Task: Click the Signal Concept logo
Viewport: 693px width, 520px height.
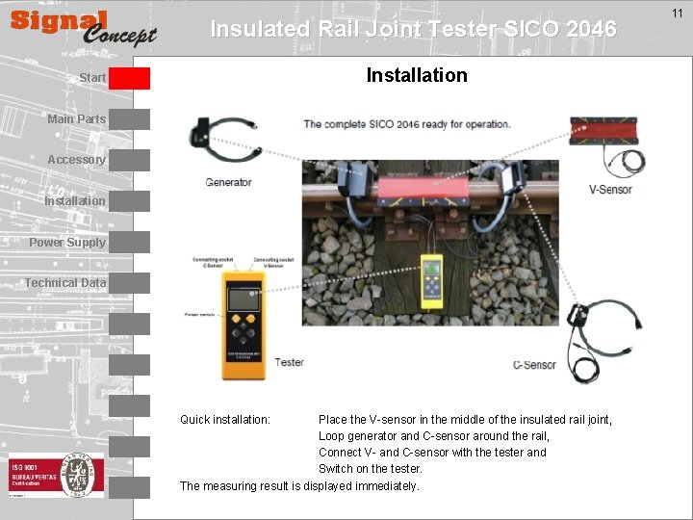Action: tap(83, 28)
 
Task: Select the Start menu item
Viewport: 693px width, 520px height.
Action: tap(92, 77)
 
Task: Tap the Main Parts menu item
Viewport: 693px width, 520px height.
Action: tap(76, 119)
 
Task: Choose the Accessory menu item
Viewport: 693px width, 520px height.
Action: tap(76, 160)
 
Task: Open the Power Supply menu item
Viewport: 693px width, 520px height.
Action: tap(67, 243)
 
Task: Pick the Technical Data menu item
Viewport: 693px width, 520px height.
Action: tap(65, 283)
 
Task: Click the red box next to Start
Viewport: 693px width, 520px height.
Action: tap(129, 78)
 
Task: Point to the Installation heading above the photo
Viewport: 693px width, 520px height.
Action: tap(417, 75)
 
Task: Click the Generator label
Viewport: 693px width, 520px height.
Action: tap(229, 182)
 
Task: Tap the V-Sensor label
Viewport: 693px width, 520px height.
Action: tap(610, 190)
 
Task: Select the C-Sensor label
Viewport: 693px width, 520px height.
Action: tap(534, 365)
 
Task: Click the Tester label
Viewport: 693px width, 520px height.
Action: tap(289, 362)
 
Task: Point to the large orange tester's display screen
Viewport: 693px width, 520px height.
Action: tap(243, 299)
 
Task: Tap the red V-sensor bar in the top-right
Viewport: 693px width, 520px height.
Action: tap(608, 131)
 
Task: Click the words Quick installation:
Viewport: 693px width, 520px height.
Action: tap(225, 420)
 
